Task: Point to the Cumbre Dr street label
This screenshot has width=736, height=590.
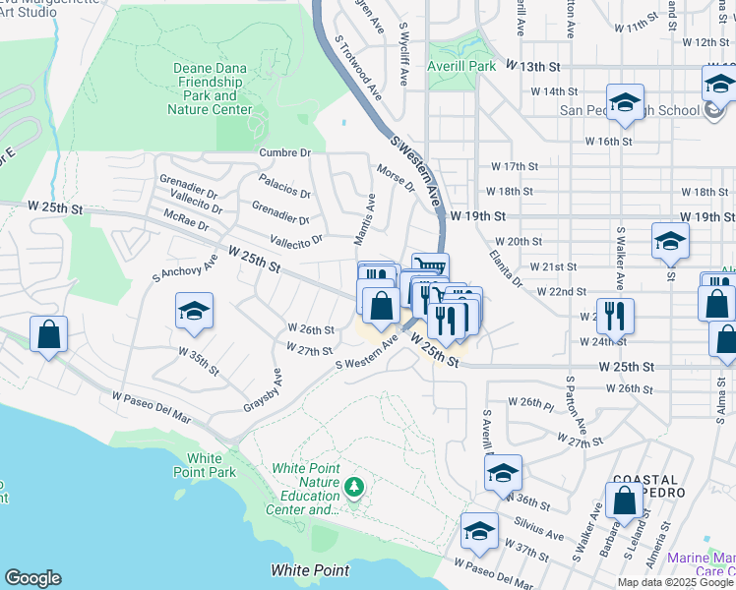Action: point(284,152)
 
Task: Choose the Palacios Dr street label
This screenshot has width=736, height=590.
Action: point(285,185)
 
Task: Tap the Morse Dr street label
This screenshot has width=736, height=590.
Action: point(396,180)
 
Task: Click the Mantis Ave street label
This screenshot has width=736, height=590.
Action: point(365,218)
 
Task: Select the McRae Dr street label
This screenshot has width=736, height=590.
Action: point(186,218)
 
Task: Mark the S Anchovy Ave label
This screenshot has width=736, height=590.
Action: point(183,269)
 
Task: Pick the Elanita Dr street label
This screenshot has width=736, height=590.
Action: point(506,268)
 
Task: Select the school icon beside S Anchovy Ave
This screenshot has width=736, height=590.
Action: point(195,313)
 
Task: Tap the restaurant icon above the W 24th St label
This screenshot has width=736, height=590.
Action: point(615,316)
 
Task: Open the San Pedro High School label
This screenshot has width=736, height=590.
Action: point(630,110)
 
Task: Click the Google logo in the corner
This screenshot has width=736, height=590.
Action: point(32,578)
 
